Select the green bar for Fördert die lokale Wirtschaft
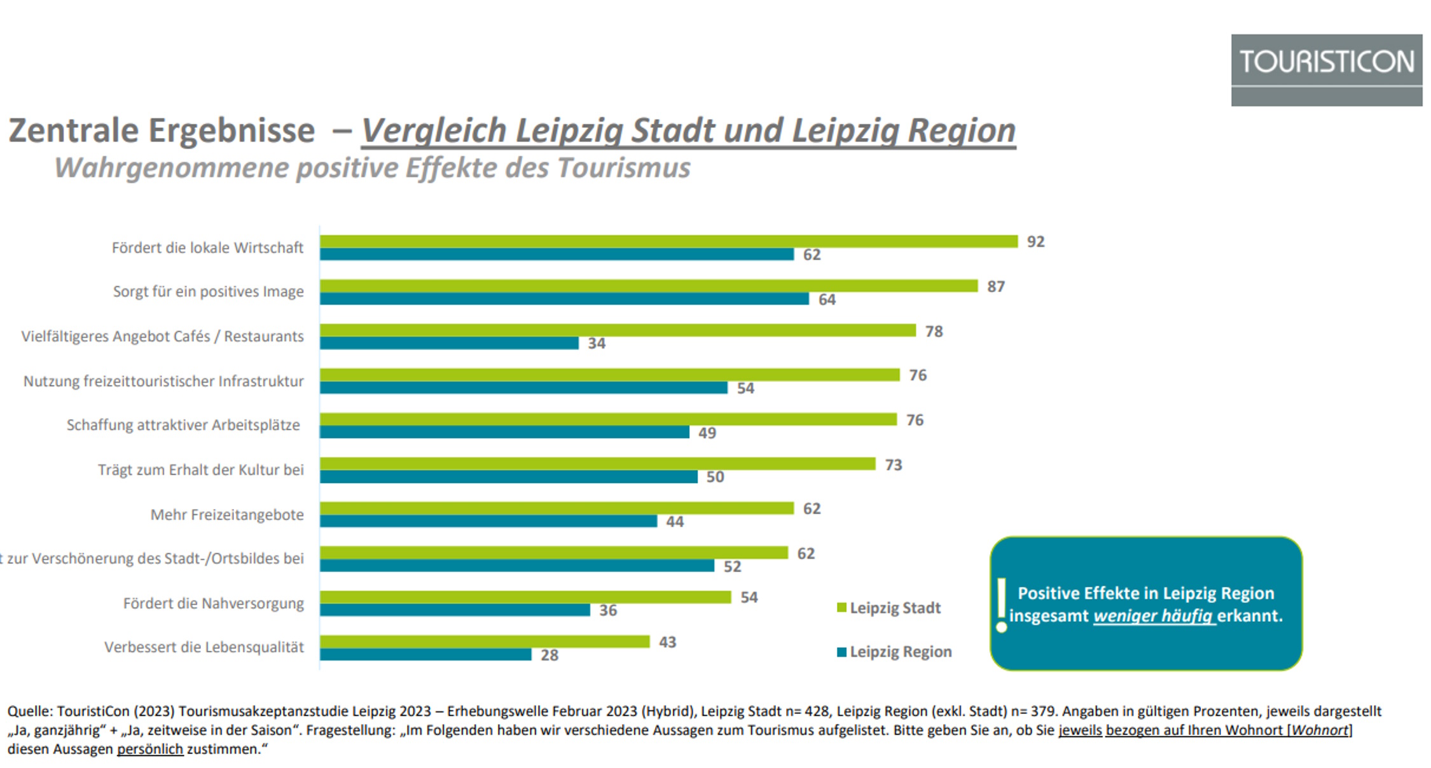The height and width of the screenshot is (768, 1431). click(668, 241)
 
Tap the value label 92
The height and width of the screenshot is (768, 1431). click(1035, 242)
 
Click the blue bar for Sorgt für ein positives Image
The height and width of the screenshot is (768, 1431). click(564, 299)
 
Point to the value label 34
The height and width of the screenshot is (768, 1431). click(597, 344)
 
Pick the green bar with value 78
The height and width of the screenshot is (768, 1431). click(617, 330)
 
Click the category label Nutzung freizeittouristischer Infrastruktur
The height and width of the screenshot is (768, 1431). click(163, 381)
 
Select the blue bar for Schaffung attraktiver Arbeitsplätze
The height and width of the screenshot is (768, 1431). click(504, 433)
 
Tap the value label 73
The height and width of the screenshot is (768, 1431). click(893, 465)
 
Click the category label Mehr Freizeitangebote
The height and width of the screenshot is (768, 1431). click(227, 515)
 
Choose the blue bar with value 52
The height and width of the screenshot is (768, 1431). click(516, 566)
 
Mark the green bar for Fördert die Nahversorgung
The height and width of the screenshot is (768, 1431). click(525, 597)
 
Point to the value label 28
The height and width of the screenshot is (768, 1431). click(550, 655)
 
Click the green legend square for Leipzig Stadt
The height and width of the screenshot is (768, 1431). click(841, 608)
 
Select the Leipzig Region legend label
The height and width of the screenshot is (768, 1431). click(901, 652)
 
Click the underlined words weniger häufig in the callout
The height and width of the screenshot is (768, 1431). click(1154, 616)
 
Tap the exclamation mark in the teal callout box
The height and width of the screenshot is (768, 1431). click(1002, 605)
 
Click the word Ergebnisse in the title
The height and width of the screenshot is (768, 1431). click(232, 130)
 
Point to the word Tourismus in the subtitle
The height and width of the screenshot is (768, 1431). click(623, 168)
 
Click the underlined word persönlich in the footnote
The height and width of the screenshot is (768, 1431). click(150, 750)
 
